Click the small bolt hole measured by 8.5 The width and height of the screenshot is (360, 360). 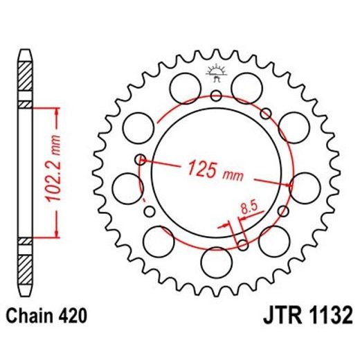[x=242, y=243]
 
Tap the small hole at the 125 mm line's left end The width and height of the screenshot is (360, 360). [x=141, y=159]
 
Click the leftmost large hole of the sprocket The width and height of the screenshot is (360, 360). [x=126, y=185]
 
